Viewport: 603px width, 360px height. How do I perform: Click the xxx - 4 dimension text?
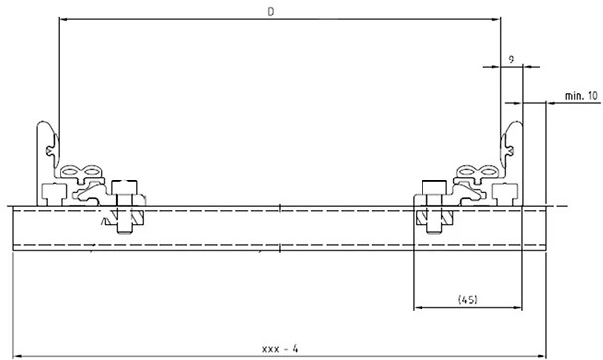(x=280, y=348)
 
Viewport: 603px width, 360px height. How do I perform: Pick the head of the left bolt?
(x=125, y=188)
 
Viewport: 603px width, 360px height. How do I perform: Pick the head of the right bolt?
(x=433, y=188)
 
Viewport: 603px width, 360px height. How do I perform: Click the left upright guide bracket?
(x=47, y=149)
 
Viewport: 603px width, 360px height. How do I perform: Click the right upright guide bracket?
(x=512, y=149)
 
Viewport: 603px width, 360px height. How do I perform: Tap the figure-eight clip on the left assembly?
(x=82, y=175)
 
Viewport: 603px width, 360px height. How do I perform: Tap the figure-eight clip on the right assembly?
(x=476, y=175)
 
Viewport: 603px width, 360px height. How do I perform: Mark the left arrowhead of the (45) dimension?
(x=417, y=307)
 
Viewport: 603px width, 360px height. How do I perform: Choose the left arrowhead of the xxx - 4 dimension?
(x=17, y=355)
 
